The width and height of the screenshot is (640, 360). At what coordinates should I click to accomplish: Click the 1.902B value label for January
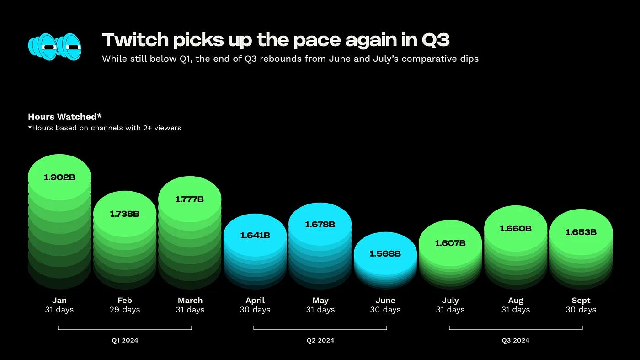click(59, 177)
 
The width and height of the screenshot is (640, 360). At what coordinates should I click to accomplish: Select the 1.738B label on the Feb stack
click(124, 214)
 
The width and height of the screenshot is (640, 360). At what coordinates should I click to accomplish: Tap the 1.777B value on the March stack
click(190, 199)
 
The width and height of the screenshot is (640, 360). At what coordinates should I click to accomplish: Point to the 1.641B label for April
click(255, 236)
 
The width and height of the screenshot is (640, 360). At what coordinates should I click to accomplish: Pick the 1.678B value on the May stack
click(320, 225)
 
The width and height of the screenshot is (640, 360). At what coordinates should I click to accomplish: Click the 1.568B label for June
click(385, 254)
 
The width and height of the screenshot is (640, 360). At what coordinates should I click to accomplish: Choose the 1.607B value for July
click(450, 243)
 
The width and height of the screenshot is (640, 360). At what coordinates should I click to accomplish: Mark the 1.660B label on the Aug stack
click(516, 228)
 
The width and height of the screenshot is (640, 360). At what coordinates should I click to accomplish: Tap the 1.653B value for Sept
click(581, 232)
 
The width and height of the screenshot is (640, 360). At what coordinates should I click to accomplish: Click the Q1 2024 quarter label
click(124, 340)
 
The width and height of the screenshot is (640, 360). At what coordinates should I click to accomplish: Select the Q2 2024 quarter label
click(320, 340)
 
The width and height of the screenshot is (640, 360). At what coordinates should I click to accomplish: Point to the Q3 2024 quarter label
click(516, 340)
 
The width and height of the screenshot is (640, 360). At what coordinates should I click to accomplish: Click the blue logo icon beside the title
click(55, 47)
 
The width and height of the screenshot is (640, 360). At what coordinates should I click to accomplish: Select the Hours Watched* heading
click(65, 117)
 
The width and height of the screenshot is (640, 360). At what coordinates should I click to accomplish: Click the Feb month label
click(124, 301)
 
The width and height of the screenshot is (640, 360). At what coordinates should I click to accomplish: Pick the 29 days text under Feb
click(124, 310)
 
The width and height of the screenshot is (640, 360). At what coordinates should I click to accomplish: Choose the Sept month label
click(581, 301)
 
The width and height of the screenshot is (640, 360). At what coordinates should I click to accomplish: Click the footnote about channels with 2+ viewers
click(105, 128)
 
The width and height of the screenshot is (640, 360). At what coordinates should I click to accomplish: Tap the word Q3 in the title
click(435, 40)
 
